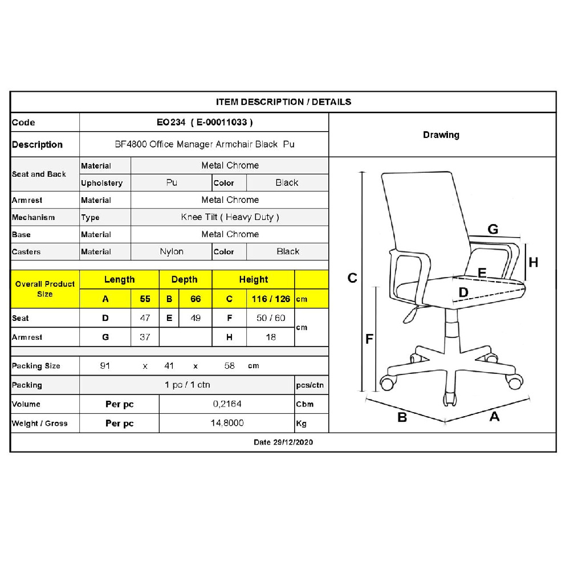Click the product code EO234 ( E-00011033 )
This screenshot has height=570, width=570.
click(x=205, y=122)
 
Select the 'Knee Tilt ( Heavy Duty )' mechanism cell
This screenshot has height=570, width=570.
click(x=230, y=217)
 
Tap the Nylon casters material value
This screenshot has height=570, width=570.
click(x=172, y=251)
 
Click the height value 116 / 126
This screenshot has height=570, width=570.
click(x=271, y=299)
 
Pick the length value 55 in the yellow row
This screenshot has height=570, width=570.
click(x=145, y=299)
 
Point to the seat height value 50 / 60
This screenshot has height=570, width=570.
click(x=271, y=317)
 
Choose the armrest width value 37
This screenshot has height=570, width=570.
click(x=145, y=337)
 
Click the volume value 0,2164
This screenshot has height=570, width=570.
click(x=227, y=404)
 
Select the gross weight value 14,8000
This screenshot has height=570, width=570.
click(x=227, y=423)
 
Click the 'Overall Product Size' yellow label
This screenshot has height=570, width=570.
click(x=45, y=289)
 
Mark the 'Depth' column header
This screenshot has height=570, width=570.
click(x=184, y=279)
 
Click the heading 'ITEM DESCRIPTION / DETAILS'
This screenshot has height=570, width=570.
click(x=283, y=102)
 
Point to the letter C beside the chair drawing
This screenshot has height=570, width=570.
click(x=352, y=278)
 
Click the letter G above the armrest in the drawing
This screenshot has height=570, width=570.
click(x=493, y=229)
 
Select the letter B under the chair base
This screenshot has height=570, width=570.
click(x=402, y=417)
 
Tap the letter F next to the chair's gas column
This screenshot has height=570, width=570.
click(x=369, y=339)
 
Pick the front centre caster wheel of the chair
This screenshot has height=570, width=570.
click(x=450, y=399)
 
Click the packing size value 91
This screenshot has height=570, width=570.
click(x=105, y=366)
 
